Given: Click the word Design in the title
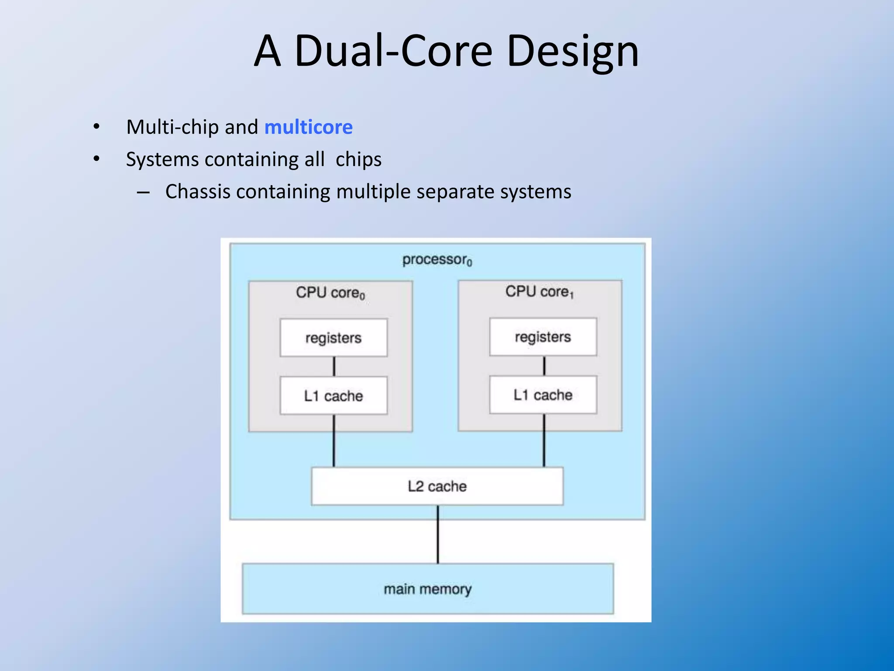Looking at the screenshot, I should click(x=572, y=51).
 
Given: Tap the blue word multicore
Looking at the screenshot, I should click(x=308, y=127).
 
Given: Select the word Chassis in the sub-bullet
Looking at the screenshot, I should click(x=197, y=192).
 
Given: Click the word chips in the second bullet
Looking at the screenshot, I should click(x=358, y=159).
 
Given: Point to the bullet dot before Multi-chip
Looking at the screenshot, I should click(x=96, y=127).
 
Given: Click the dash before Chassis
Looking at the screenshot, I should click(x=143, y=192).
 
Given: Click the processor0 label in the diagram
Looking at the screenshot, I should click(x=437, y=260).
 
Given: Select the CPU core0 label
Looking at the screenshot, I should click(x=330, y=293).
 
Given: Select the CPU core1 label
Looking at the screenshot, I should click(x=540, y=292).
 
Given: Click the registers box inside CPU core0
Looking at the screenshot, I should click(x=334, y=338).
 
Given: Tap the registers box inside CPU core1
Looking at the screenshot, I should click(x=543, y=337).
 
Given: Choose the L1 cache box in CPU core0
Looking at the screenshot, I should click(x=334, y=396).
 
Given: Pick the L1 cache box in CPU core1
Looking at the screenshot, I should click(x=543, y=395).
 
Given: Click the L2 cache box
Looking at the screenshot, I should click(x=437, y=486).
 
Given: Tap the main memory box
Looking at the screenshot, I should click(x=428, y=589).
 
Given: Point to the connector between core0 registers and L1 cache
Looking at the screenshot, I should click(x=334, y=367).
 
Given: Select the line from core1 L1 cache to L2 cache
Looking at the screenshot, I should click(x=544, y=440).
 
